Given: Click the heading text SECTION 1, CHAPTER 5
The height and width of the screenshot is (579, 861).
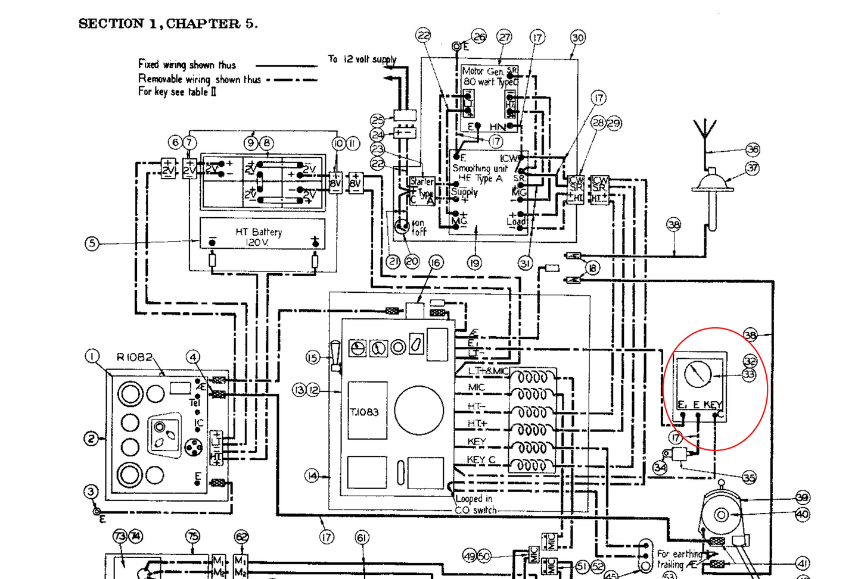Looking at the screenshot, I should point(168,24).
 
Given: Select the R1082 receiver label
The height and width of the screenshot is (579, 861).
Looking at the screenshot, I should point(134,357).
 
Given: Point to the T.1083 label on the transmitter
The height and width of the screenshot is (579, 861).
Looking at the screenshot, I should point(364,412).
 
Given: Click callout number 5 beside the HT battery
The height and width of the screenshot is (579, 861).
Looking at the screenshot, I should point(92,243).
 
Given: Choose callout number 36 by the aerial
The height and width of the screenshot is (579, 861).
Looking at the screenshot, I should point(753,149).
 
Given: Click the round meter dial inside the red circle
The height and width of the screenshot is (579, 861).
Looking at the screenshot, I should point(698,374).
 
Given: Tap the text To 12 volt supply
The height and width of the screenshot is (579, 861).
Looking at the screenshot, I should point(362,59).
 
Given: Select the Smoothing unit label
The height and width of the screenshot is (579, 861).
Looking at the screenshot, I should point(480,168).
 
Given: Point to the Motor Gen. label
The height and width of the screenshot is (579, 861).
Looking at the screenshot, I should point(483,71).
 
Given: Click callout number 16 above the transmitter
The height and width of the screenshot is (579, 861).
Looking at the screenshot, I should point(436,262).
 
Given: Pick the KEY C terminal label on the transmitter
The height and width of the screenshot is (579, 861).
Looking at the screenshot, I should point(481,459).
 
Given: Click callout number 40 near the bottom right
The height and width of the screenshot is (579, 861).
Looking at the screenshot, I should point(802,514).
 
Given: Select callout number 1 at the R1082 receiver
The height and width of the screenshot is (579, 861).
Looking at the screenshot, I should point(92,356).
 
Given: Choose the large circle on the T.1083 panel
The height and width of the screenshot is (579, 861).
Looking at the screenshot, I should point(419,410).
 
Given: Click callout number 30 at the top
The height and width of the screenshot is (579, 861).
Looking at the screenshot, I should point(577,37).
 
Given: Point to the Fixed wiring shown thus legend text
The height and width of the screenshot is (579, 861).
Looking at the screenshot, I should point(187,64).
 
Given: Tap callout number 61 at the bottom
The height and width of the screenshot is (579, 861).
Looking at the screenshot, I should point(362,538).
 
